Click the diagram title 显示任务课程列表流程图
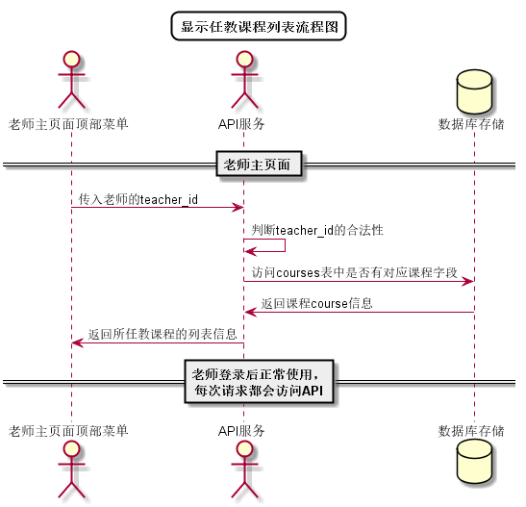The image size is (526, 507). click(259, 26)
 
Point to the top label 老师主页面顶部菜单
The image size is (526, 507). click(69, 124)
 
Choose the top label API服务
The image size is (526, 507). click(242, 124)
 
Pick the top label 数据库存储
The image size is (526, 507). click(471, 124)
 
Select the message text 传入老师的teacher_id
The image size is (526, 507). click(138, 199)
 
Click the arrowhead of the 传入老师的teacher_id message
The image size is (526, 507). click(238, 207)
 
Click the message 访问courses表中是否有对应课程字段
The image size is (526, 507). click(355, 273)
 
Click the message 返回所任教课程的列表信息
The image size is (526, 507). click(163, 335)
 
